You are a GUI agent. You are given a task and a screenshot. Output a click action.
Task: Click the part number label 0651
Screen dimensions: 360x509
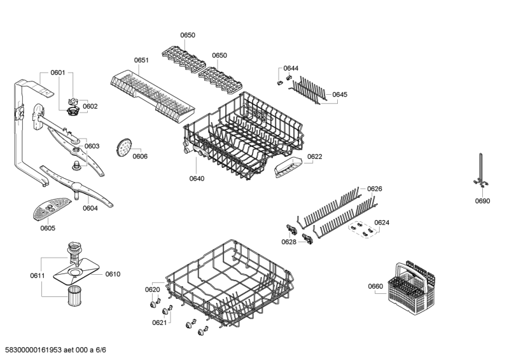141,60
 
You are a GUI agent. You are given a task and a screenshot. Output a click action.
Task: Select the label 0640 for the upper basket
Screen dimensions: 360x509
197,179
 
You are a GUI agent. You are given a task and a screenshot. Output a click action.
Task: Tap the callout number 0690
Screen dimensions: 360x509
482,201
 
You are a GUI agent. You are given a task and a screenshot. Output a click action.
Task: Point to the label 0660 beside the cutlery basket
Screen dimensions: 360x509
375,286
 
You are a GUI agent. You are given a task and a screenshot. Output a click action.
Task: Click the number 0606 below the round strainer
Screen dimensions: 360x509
140,156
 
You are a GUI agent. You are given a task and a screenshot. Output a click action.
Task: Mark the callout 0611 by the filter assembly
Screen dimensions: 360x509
37,275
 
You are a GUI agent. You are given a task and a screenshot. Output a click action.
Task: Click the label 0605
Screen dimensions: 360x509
48,228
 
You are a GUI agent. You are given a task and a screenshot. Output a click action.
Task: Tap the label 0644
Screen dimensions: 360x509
291,68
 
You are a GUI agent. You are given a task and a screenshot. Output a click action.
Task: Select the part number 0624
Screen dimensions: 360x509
382,223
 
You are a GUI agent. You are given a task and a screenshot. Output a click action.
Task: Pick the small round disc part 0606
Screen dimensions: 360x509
124,148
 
